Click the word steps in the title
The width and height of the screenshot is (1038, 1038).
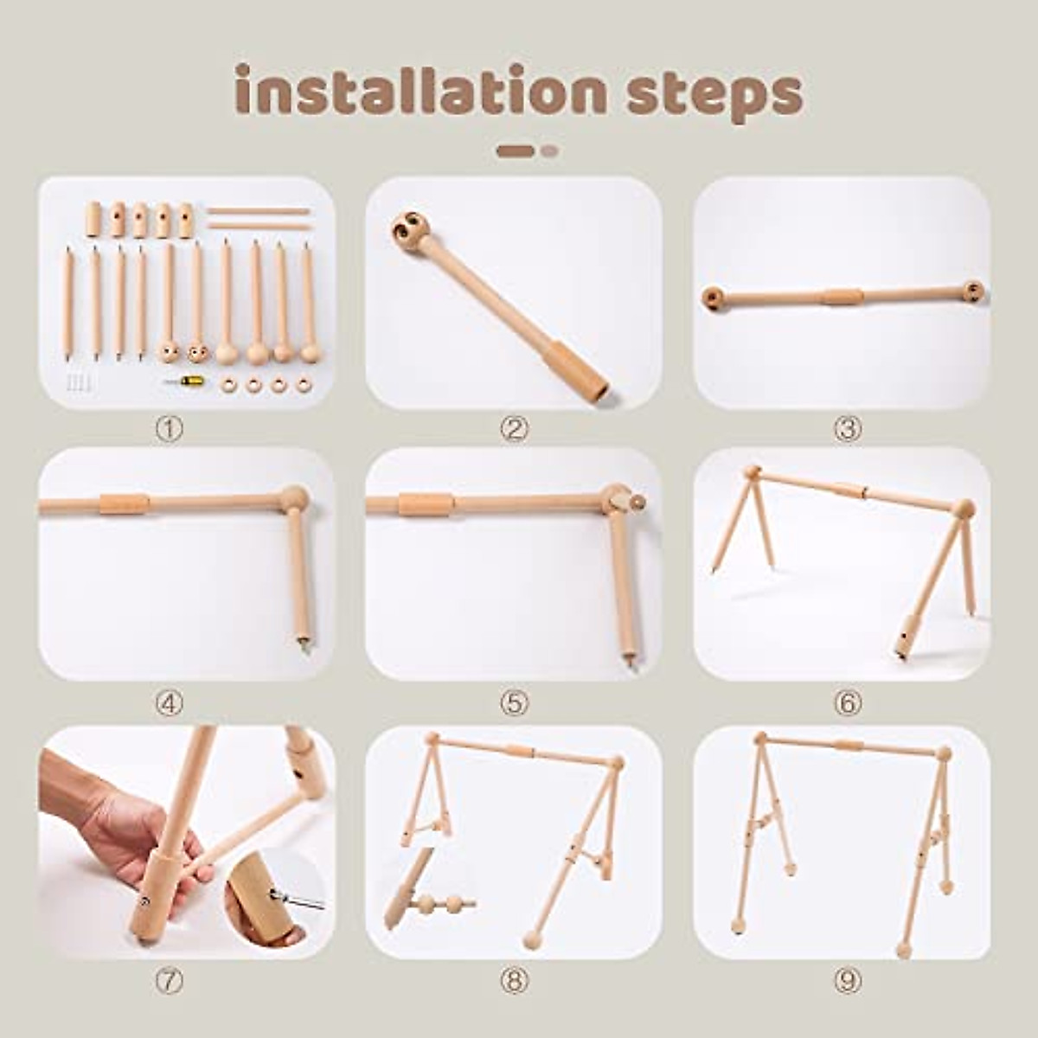[x=714, y=93]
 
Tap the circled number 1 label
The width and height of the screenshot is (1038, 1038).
[x=169, y=428]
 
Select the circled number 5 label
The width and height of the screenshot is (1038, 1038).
[x=514, y=704]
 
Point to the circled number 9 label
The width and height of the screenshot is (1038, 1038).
[x=848, y=980]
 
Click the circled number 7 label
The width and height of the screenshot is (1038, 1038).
[x=169, y=980]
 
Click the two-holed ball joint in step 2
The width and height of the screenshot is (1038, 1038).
[x=411, y=231]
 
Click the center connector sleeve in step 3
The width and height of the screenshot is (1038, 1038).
[x=843, y=297]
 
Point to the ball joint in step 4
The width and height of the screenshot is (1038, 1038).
[x=293, y=498]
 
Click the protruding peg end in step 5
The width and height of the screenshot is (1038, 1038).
[x=637, y=502]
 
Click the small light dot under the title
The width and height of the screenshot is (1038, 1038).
[x=549, y=151]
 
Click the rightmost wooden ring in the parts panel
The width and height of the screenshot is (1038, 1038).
[x=304, y=384]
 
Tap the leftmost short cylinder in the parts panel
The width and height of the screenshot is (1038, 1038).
[x=93, y=219]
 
